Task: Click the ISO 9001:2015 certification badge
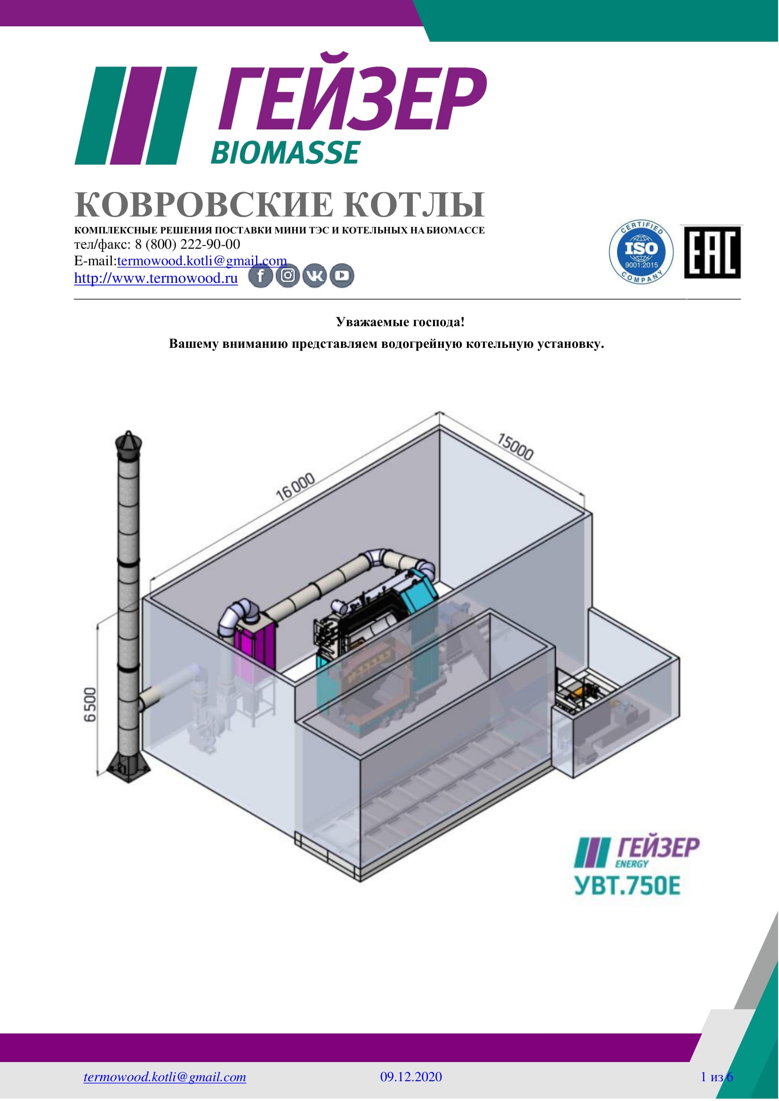[641, 252]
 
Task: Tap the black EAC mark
[712, 252]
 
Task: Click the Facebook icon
[260, 276]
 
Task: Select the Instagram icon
[288, 276]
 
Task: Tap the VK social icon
[315, 276]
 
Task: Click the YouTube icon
[342, 276]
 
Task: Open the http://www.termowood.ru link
[156, 278]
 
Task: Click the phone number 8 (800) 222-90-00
[187, 244]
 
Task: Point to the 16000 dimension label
[296, 486]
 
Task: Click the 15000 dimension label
[514, 447]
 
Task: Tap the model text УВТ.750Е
[627, 885]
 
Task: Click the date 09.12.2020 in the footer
[411, 1077]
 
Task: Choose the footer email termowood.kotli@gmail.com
[165, 1077]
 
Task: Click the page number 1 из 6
[717, 1077]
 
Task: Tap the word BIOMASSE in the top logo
[285, 153]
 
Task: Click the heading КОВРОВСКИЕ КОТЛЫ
[280, 204]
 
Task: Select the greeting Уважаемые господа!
[401, 322]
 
